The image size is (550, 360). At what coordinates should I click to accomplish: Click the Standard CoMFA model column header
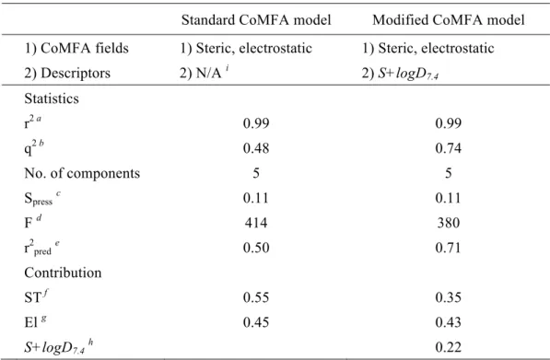[x=256, y=20]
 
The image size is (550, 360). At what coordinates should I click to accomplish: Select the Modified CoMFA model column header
[x=449, y=20]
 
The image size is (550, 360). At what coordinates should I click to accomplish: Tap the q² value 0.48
[x=256, y=148]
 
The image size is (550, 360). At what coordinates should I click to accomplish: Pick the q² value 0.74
[x=449, y=148]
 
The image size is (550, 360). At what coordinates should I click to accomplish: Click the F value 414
[x=256, y=223]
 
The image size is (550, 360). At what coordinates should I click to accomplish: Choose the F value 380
[x=449, y=223]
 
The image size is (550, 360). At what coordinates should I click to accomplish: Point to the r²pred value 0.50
[x=256, y=248]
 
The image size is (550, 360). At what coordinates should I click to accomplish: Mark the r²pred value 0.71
[x=449, y=248]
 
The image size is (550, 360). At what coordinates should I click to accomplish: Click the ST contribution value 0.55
[x=256, y=297]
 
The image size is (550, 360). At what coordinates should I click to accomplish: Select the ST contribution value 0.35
[x=449, y=297]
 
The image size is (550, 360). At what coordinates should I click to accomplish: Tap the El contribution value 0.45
[x=256, y=322]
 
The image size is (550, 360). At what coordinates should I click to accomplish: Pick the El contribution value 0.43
[x=449, y=322]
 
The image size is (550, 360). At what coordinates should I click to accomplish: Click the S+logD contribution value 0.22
[x=449, y=347]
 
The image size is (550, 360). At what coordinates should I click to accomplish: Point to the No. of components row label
[x=82, y=173]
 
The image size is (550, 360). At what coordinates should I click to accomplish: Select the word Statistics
[x=52, y=99]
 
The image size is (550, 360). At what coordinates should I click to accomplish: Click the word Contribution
[x=63, y=273]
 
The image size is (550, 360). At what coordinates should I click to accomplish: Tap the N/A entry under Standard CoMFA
[x=208, y=73]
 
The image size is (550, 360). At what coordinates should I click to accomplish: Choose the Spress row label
[x=42, y=198]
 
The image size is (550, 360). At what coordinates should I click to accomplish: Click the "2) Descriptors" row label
[x=67, y=74]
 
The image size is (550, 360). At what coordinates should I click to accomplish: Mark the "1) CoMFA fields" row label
[x=76, y=48]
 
